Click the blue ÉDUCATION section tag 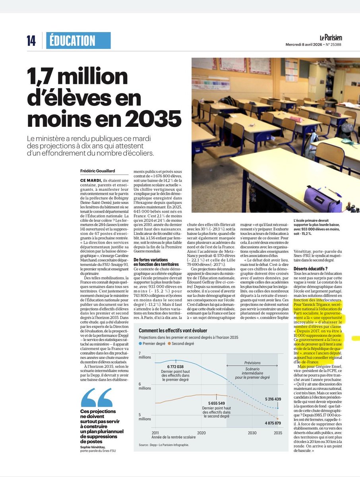[x=78, y=41]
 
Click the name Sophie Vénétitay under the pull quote [x=94, y=446]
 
